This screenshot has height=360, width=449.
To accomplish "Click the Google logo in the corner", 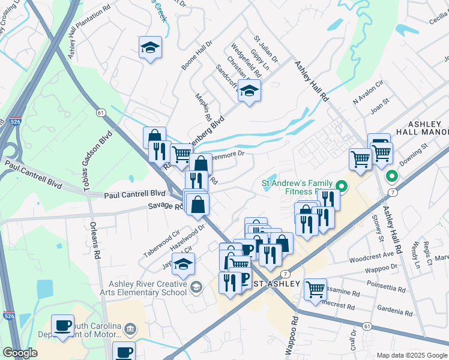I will (x=20, y=353).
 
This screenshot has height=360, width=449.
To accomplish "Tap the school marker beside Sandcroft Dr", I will (x=249, y=91).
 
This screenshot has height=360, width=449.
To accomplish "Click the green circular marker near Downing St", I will (x=391, y=176).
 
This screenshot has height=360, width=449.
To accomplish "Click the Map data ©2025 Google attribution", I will (x=411, y=355).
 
